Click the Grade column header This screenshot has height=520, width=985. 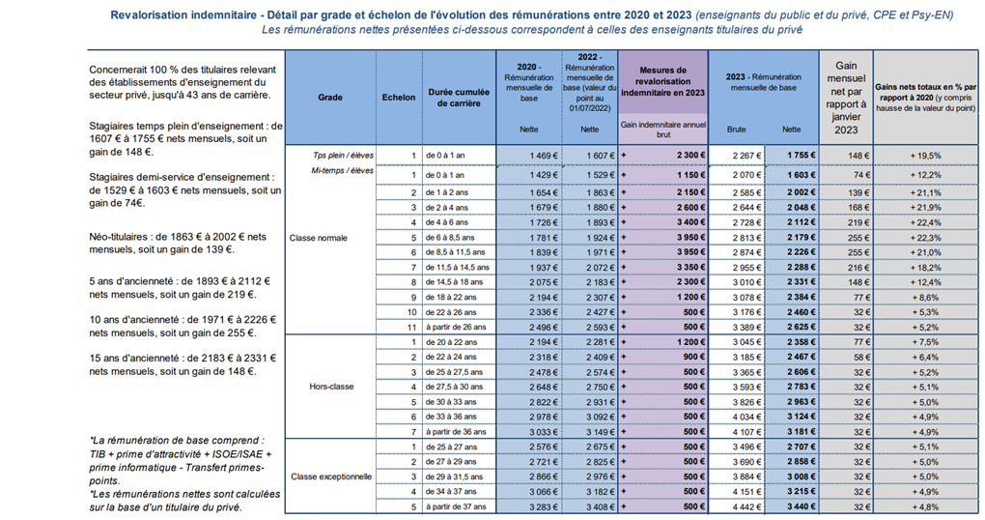coord(330,98)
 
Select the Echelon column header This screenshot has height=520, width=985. coord(399,98)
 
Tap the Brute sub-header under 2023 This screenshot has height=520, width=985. coord(736,130)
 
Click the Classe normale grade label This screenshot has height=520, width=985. coord(319,238)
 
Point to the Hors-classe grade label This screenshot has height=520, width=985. coord(331,387)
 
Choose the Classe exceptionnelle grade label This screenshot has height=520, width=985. coord(331,477)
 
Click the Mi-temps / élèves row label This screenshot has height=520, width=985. coord(343,170)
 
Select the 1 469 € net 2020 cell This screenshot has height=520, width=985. coord(544,156)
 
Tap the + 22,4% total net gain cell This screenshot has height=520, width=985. coord(926,222)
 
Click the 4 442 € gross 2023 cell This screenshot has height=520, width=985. coord(746,506)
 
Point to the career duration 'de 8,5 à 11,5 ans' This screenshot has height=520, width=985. coord(456,252)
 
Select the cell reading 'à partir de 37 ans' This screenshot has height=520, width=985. coord(456,506)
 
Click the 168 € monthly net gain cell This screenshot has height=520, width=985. coord(858,208)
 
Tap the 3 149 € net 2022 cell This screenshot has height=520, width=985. coord(601,432)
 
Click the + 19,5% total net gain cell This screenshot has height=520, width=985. coord(926,156)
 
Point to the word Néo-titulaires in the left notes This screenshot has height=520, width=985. coord(120,237)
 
